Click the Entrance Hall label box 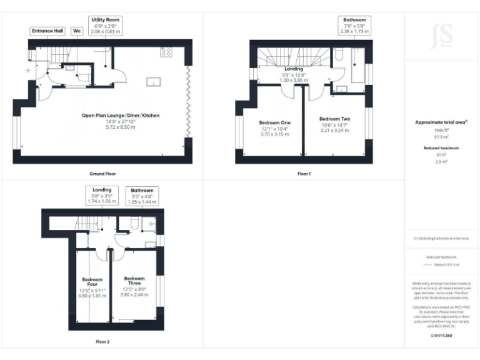coord(47,31)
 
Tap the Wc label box coord(77,31)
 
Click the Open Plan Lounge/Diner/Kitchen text coord(116,116)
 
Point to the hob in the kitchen coord(167,52)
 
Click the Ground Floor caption coord(102,173)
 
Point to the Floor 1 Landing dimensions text coord(293,77)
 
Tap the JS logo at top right coord(442,32)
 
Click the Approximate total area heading coord(441,122)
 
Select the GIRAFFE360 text coord(441,336)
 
